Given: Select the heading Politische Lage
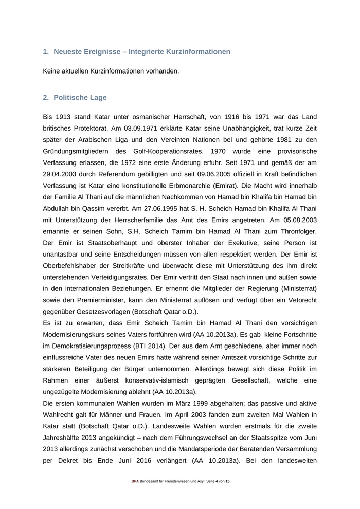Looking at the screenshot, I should [80, 97].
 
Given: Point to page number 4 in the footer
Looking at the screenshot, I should [217, 481].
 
